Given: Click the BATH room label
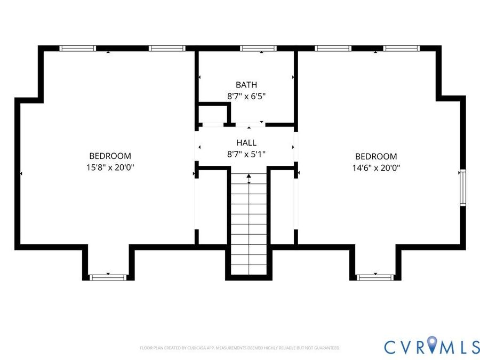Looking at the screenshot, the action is tap(246, 85).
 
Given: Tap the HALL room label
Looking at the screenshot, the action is tap(246, 142).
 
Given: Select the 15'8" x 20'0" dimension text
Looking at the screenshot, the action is tap(110, 167).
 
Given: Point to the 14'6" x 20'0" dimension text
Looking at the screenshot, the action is tap(376, 168).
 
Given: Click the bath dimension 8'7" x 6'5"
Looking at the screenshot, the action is tap(246, 97).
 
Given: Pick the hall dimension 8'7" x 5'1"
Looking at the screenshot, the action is tap(246, 154).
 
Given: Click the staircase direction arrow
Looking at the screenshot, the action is tap(249, 179).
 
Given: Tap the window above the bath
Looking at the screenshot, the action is tap(258, 49).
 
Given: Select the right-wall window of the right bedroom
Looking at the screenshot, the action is tap(463, 187).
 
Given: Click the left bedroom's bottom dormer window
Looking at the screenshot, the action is tap(108, 278).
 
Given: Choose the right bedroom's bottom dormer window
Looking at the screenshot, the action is tap(375, 278).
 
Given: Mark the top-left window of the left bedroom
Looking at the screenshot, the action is tap(77, 49).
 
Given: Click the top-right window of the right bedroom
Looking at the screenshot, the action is tap(401, 49).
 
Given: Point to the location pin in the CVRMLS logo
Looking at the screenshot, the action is tap(432, 343).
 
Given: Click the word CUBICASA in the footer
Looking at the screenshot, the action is tap(196, 348).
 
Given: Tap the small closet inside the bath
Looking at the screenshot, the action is tap(213, 114).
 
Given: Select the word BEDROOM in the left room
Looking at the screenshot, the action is tap(110, 156).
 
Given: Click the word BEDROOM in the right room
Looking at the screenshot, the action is tap(376, 156).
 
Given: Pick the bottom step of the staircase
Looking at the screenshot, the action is tap(249, 270).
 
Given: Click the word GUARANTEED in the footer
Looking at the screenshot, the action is tap(328, 348).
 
